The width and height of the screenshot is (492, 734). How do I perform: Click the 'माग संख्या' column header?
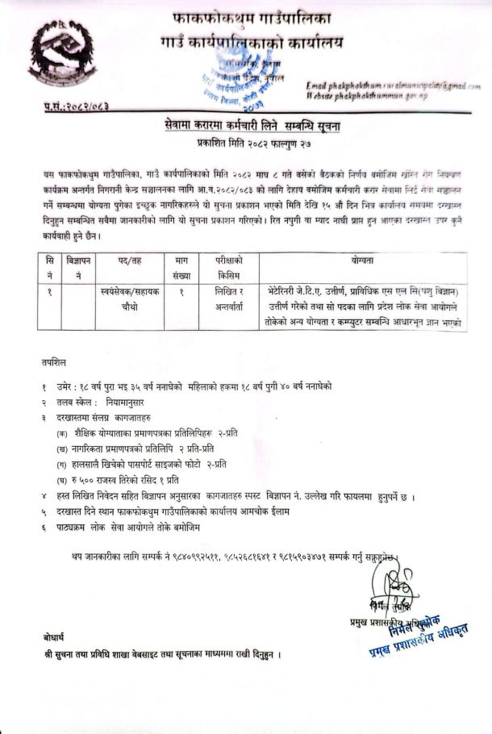181,266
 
